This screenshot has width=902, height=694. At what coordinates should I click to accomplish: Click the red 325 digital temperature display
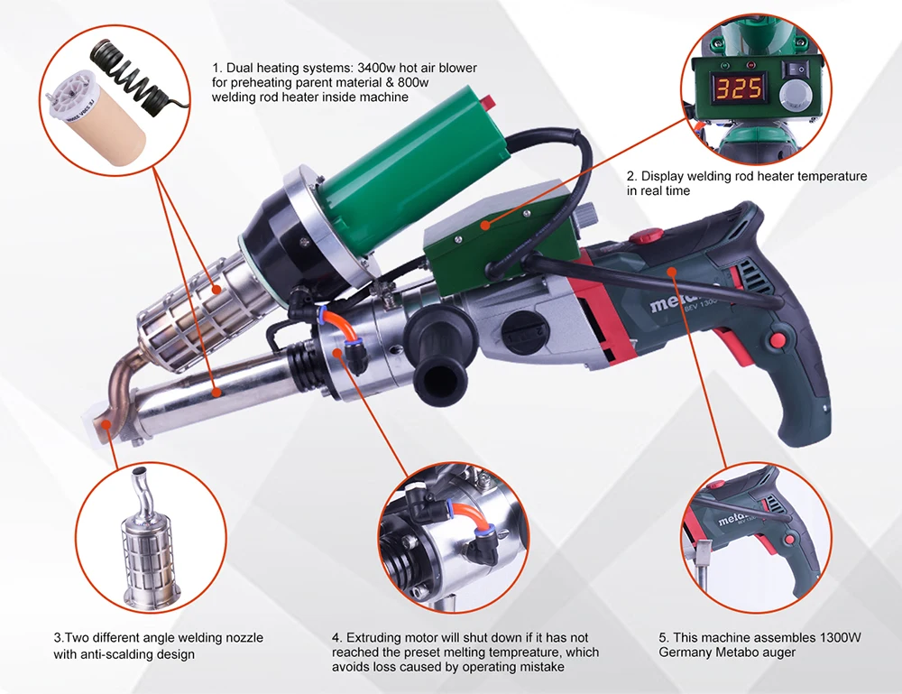pos(740,88)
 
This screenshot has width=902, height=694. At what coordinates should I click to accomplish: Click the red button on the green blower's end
pos(488,103)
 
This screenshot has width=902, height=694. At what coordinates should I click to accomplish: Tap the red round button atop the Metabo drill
pos(646,235)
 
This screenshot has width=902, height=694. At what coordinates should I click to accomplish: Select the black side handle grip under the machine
pos(440,355)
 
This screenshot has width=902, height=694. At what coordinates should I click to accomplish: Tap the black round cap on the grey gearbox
pos(524,334)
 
